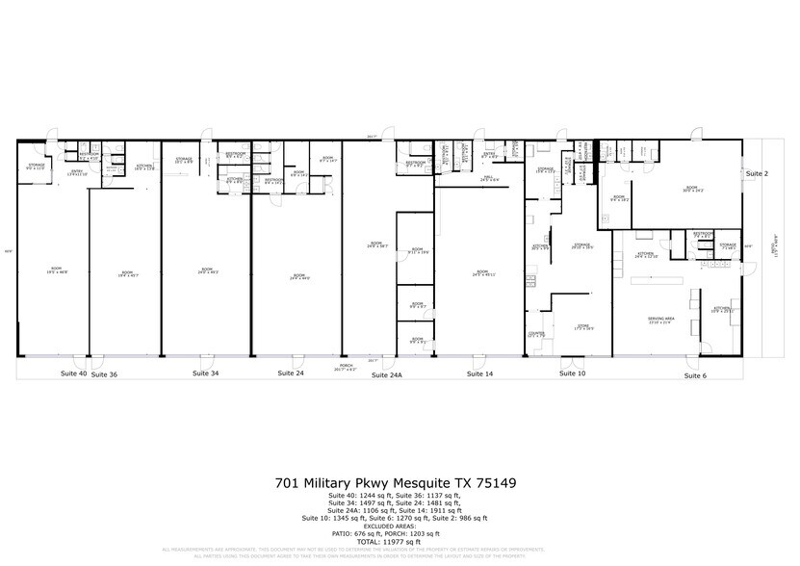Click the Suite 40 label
[x=73, y=372]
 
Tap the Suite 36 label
[x=104, y=373]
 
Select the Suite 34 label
[x=205, y=372]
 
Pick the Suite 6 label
[x=695, y=374]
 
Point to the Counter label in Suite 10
[x=536, y=334]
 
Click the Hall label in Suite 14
[x=488, y=179]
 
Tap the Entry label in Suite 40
[x=77, y=172]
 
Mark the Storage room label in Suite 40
[x=36, y=167]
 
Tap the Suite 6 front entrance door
[x=688, y=363]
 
